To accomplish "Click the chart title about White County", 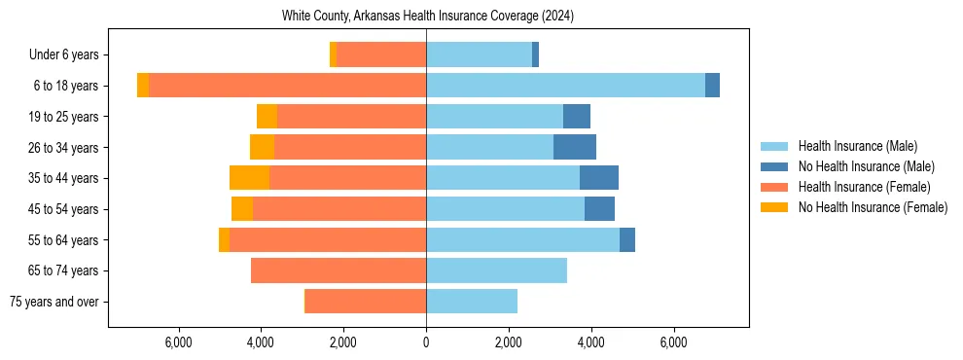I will click(429, 16).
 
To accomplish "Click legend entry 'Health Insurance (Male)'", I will click(857, 146).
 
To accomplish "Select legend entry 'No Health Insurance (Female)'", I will click(873, 207).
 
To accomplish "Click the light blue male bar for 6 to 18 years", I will click(565, 86).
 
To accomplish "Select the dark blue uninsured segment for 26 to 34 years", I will click(574, 147).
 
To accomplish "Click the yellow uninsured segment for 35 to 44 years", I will click(249, 178).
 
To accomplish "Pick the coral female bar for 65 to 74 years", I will click(339, 270).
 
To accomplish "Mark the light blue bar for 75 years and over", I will click(472, 302).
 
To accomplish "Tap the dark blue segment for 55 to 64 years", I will click(627, 239).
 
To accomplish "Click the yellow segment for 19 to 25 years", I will click(267, 117).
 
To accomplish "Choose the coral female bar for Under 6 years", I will click(381, 55).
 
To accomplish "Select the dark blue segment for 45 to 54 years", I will click(599, 209).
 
